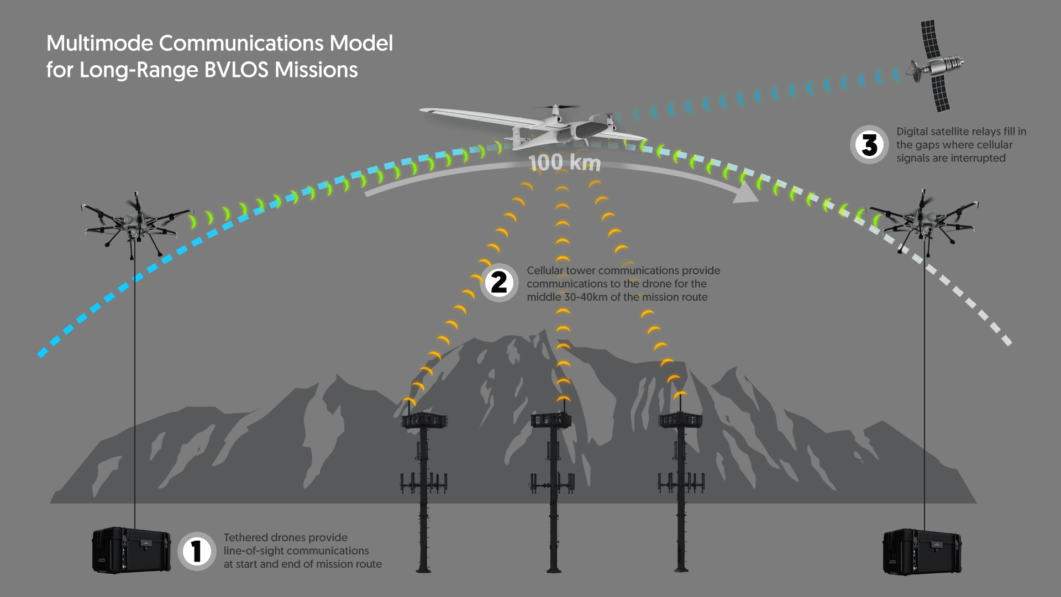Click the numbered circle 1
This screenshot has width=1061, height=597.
(196, 551)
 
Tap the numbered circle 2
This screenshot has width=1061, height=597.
(499, 282)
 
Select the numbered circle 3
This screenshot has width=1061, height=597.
(869, 145)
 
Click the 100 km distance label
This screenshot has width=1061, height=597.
(564, 163)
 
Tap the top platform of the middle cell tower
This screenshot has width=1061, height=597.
(550, 420)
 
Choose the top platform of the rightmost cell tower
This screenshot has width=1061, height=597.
(680, 420)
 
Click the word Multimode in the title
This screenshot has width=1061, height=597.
(100, 44)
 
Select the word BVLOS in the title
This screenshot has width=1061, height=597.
(236, 70)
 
